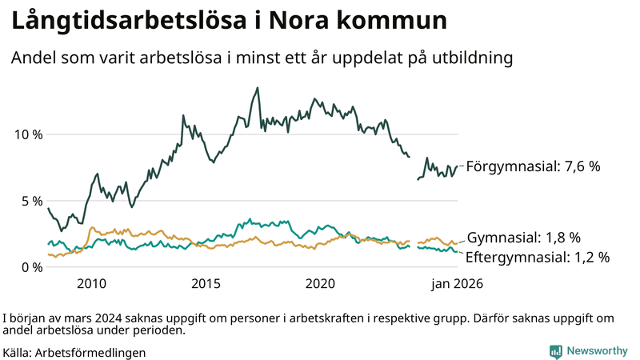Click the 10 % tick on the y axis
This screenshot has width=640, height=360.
click(x=27, y=134)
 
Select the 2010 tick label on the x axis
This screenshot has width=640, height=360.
click(x=91, y=283)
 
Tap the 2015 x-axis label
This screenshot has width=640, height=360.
click(x=206, y=283)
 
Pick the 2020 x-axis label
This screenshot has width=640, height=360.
click(x=320, y=283)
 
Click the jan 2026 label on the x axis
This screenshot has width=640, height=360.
click(x=458, y=283)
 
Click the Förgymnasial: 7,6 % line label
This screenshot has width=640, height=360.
click(x=533, y=166)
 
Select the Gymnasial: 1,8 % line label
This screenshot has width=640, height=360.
click(x=523, y=238)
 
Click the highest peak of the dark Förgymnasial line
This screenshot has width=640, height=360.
click(x=257, y=88)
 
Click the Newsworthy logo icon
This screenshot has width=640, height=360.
click(x=555, y=351)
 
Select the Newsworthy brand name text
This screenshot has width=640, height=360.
click(x=597, y=351)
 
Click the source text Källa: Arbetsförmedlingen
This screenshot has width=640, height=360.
click(x=74, y=352)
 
